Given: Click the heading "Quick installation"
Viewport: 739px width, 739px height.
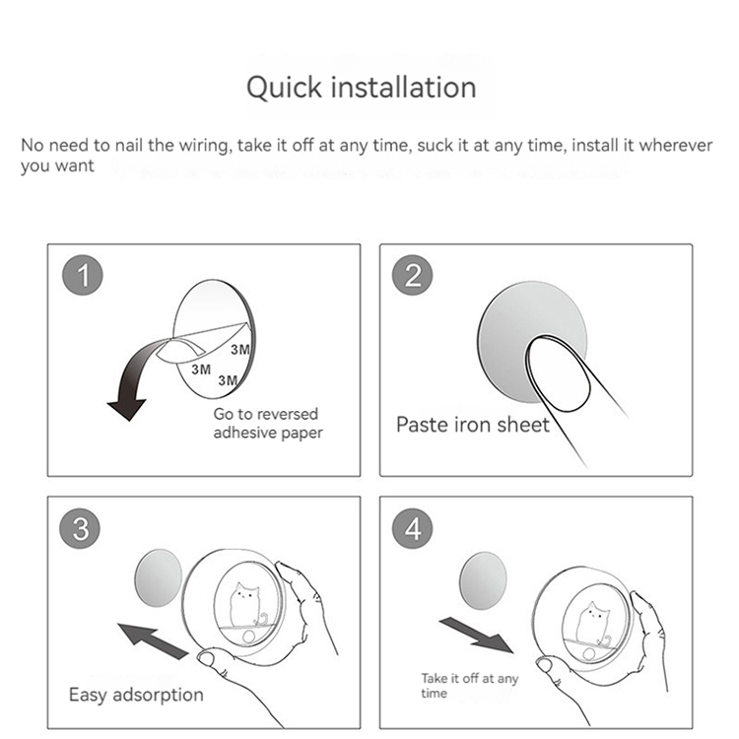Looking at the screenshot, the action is (x=361, y=88).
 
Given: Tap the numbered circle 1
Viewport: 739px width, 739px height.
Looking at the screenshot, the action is (x=83, y=275).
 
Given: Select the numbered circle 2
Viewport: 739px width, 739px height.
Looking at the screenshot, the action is (x=413, y=275).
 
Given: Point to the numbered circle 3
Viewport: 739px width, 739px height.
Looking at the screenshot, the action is (x=80, y=528).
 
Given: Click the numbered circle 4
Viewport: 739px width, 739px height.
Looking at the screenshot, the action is (x=413, y=528).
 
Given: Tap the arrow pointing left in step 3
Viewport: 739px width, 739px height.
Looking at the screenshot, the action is (x=153, y=640).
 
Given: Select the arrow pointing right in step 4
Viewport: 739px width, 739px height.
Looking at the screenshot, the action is (x=477, y=636).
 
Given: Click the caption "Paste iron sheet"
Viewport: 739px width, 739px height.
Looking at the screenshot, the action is (x=473, y=425).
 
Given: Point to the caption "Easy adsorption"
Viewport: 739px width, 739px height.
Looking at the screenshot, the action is (x=136, y=696).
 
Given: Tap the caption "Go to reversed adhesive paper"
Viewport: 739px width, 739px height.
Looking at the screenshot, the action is (x=268, y=424).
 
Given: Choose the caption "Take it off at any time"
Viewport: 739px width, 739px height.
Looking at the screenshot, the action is (x=469, y=686).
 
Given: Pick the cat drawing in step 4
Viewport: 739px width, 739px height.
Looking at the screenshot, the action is (x=594, y=625).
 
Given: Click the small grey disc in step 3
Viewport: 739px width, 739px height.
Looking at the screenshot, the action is (x=159, y=577).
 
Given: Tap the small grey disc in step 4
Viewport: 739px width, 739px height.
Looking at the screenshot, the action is (x=483, y=581).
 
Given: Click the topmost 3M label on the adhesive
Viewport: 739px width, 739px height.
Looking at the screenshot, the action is (x=240, y=349).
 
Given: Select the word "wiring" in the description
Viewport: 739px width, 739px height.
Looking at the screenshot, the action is (x=206, y=146).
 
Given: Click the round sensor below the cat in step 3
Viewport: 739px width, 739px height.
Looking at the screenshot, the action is (x=249, y=638).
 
